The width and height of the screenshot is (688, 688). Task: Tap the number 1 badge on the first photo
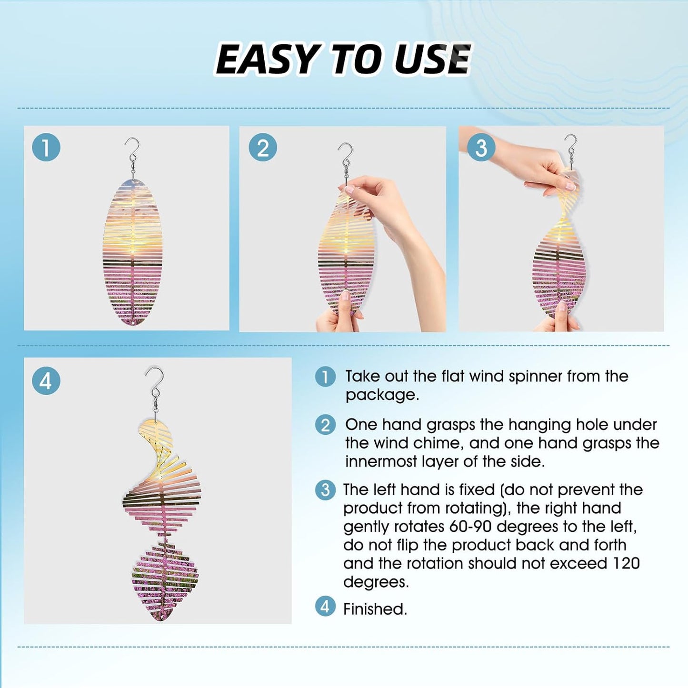46,148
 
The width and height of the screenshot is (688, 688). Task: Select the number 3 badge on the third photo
481,148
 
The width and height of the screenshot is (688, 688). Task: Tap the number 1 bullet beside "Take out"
325,377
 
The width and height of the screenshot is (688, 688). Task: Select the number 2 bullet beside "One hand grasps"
325,425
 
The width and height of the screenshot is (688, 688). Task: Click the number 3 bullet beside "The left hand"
325,490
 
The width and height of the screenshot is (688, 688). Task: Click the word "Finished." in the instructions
375,609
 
